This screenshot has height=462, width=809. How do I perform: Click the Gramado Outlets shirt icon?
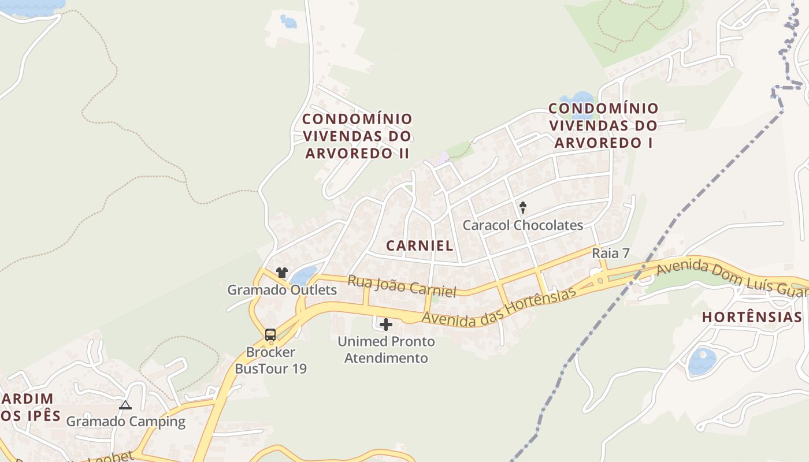click(x=282, y=273)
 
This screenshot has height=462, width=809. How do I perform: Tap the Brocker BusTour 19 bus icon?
click(x=270, y=334)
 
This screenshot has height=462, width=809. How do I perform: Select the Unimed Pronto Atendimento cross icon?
click(x=386, y=325)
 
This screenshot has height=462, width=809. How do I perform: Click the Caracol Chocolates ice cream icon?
click(x=523, y=207)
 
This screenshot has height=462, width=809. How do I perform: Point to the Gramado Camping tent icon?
click(x=125, y=405)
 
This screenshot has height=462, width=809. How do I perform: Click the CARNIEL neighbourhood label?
click(x=420, y=245)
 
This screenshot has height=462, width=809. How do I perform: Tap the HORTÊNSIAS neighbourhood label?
click(x=752, y=317)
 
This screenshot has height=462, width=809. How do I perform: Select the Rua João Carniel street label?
click(x=402, y=285)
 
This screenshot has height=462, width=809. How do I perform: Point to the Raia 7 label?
click(x=610, y=254)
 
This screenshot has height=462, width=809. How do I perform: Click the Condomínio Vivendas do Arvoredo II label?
click(x=358, y=136)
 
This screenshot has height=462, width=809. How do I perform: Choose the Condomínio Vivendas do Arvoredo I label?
click(x=603, y=125)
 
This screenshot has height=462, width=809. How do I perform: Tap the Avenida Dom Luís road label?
click(x=731, y=278)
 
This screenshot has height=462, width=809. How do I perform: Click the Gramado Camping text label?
click(x=125, y=422)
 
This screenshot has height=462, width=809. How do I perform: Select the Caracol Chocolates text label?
click(x=523, y=225)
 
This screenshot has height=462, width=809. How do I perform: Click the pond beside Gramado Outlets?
click(x=304, y=275)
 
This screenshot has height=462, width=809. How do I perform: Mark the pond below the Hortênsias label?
click(x=702, y=362)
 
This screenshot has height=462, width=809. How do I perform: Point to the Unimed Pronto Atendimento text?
click(x=386, y=349)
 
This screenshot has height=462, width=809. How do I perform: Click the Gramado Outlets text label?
click(x=282, y=290)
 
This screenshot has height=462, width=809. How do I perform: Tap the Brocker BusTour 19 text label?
click(x=270, y=360)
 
